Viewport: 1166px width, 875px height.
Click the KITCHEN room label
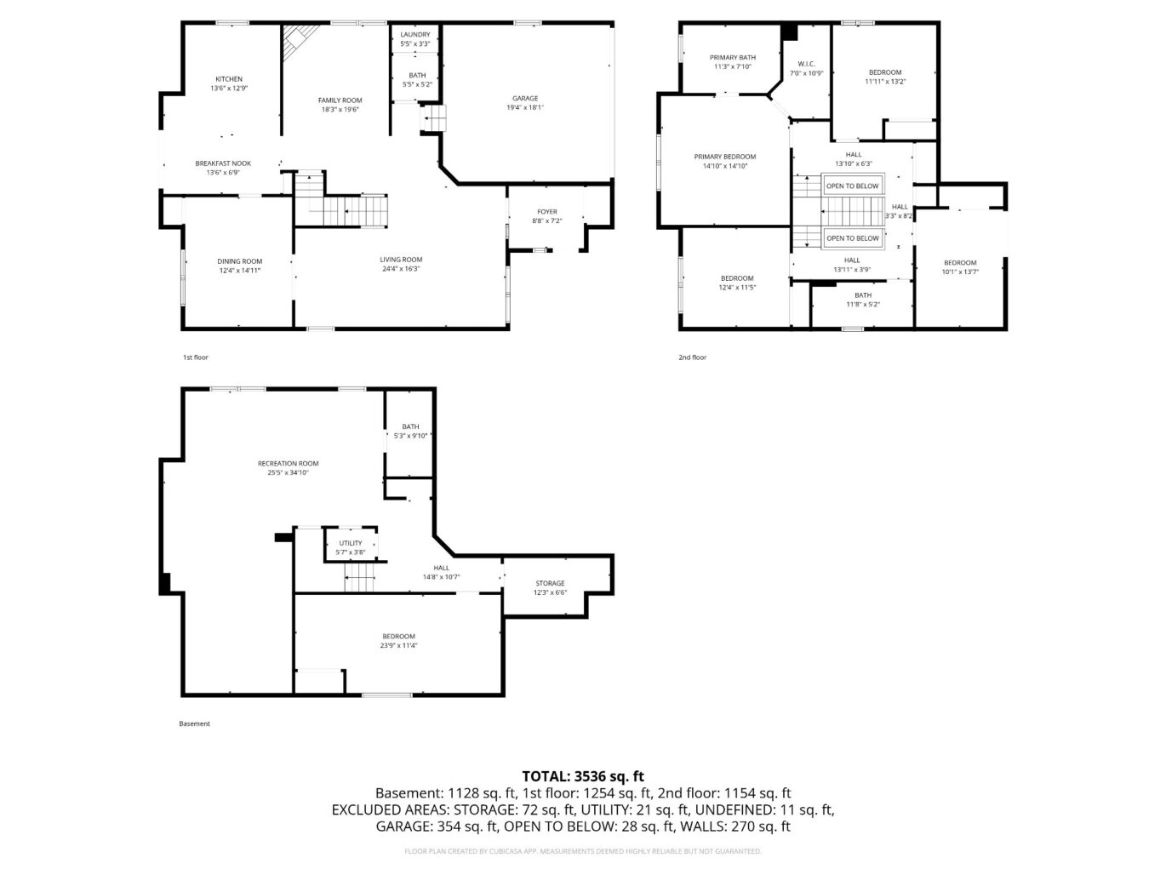pos(228,79)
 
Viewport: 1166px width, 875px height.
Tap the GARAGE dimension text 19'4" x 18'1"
pos(525,107)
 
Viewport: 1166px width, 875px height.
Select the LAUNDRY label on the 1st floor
pos(414,35)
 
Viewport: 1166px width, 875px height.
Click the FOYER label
pos(546,211)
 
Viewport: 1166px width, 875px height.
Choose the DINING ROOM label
pos(239,260)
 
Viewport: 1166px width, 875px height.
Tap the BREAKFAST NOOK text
pos(223,163)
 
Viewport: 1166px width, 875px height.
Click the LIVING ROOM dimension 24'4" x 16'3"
pos(401,269)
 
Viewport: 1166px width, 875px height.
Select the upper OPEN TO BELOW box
pos(852,186)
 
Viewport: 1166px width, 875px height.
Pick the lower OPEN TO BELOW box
pos(852,238)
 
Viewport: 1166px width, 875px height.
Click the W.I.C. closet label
pos(806,64)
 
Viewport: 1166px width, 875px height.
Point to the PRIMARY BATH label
pos(733,57)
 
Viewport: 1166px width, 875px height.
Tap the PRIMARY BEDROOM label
pos(724,157)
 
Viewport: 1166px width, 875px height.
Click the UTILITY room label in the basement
pos(350,543)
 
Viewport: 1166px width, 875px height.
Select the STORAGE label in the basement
pos(550,583)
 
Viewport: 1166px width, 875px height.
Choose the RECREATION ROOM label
pos(288,463)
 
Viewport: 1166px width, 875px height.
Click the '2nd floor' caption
pos(692,357)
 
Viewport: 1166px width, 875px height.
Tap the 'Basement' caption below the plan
pos(194,723)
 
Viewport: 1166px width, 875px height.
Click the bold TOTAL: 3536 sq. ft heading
pos(583,777)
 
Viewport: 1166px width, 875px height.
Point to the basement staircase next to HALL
pos(359,577)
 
